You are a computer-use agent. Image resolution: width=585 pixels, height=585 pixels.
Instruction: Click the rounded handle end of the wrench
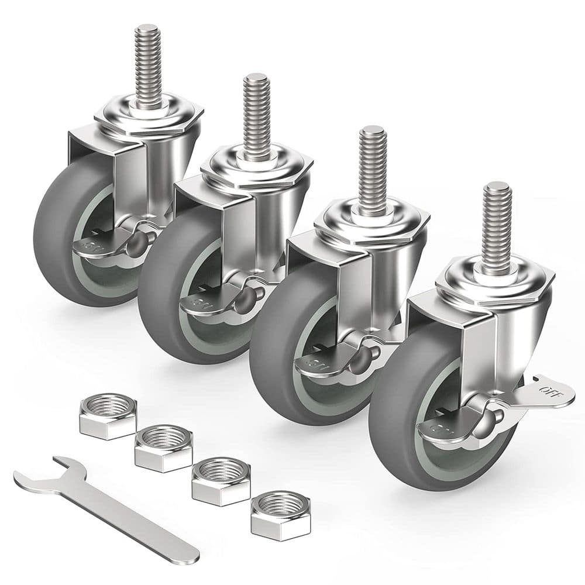(187, 550)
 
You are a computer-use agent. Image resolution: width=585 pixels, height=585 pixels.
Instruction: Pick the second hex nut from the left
(163, 448)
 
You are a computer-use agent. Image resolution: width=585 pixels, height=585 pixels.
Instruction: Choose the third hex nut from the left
(221, 481)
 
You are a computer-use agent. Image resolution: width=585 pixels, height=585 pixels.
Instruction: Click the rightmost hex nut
(280, 514)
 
